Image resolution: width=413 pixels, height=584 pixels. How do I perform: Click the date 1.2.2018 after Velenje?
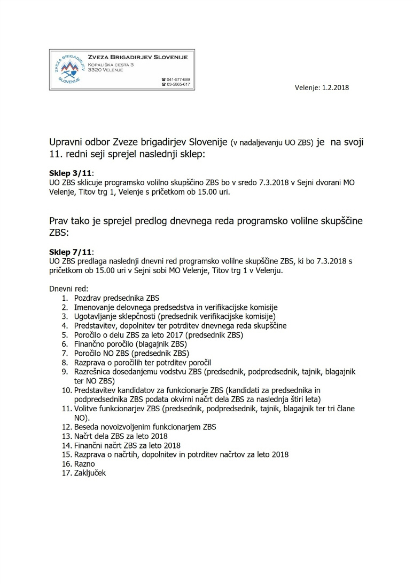335,87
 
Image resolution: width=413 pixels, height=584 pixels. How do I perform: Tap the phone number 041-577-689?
178,79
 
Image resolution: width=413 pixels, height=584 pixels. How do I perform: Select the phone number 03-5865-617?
178,84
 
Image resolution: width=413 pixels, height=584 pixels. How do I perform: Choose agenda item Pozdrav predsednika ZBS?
116,298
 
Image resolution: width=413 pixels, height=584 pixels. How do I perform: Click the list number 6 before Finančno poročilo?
65,345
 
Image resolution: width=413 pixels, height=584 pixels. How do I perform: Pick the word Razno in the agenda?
85,464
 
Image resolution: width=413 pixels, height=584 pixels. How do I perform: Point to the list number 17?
66,473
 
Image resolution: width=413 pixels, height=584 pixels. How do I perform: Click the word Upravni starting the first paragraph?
66,143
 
